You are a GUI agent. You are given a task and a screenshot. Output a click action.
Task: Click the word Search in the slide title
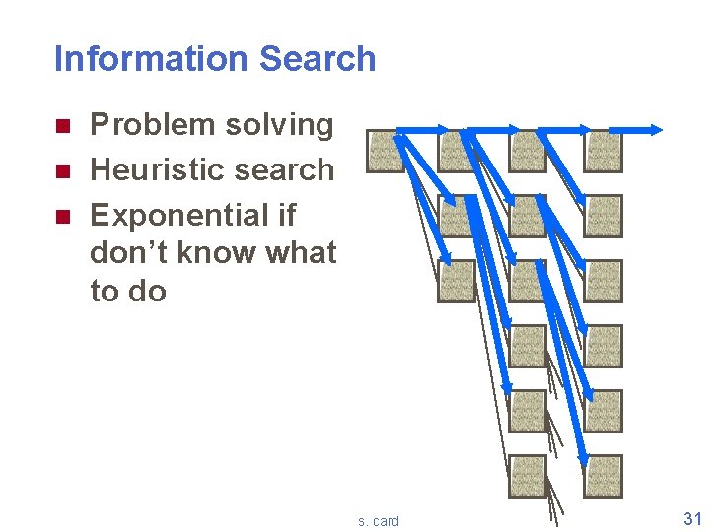pos(318,59)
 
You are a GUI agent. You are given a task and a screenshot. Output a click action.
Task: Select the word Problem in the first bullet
pos(153,125)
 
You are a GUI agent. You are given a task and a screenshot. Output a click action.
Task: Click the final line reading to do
pos(128,291)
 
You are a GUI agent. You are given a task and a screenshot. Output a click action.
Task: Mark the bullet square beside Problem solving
pos(61,126)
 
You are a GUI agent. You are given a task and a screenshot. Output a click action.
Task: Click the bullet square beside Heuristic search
pos(61,170)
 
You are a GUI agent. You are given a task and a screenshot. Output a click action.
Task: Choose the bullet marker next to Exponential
pos(61,216)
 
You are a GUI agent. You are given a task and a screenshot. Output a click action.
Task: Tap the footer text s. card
pos(379,520)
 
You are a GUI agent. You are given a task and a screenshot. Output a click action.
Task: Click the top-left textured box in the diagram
pos(386,152)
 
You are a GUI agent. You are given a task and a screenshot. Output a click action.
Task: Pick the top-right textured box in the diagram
pos(603,152)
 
